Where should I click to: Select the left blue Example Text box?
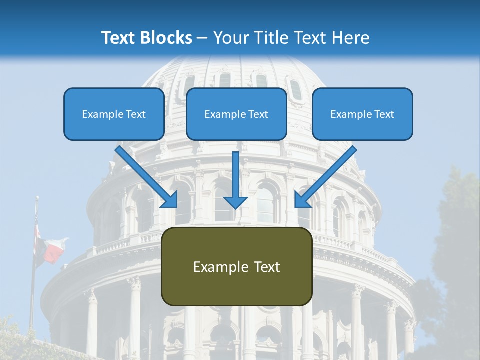tap(114, 114)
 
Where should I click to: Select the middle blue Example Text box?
tap(236, 114)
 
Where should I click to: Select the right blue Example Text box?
tap(362, 114)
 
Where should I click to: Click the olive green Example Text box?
tap(236, 266)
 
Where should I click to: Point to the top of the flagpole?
tap(36, 198)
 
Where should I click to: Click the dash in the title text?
tap(202, 38)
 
